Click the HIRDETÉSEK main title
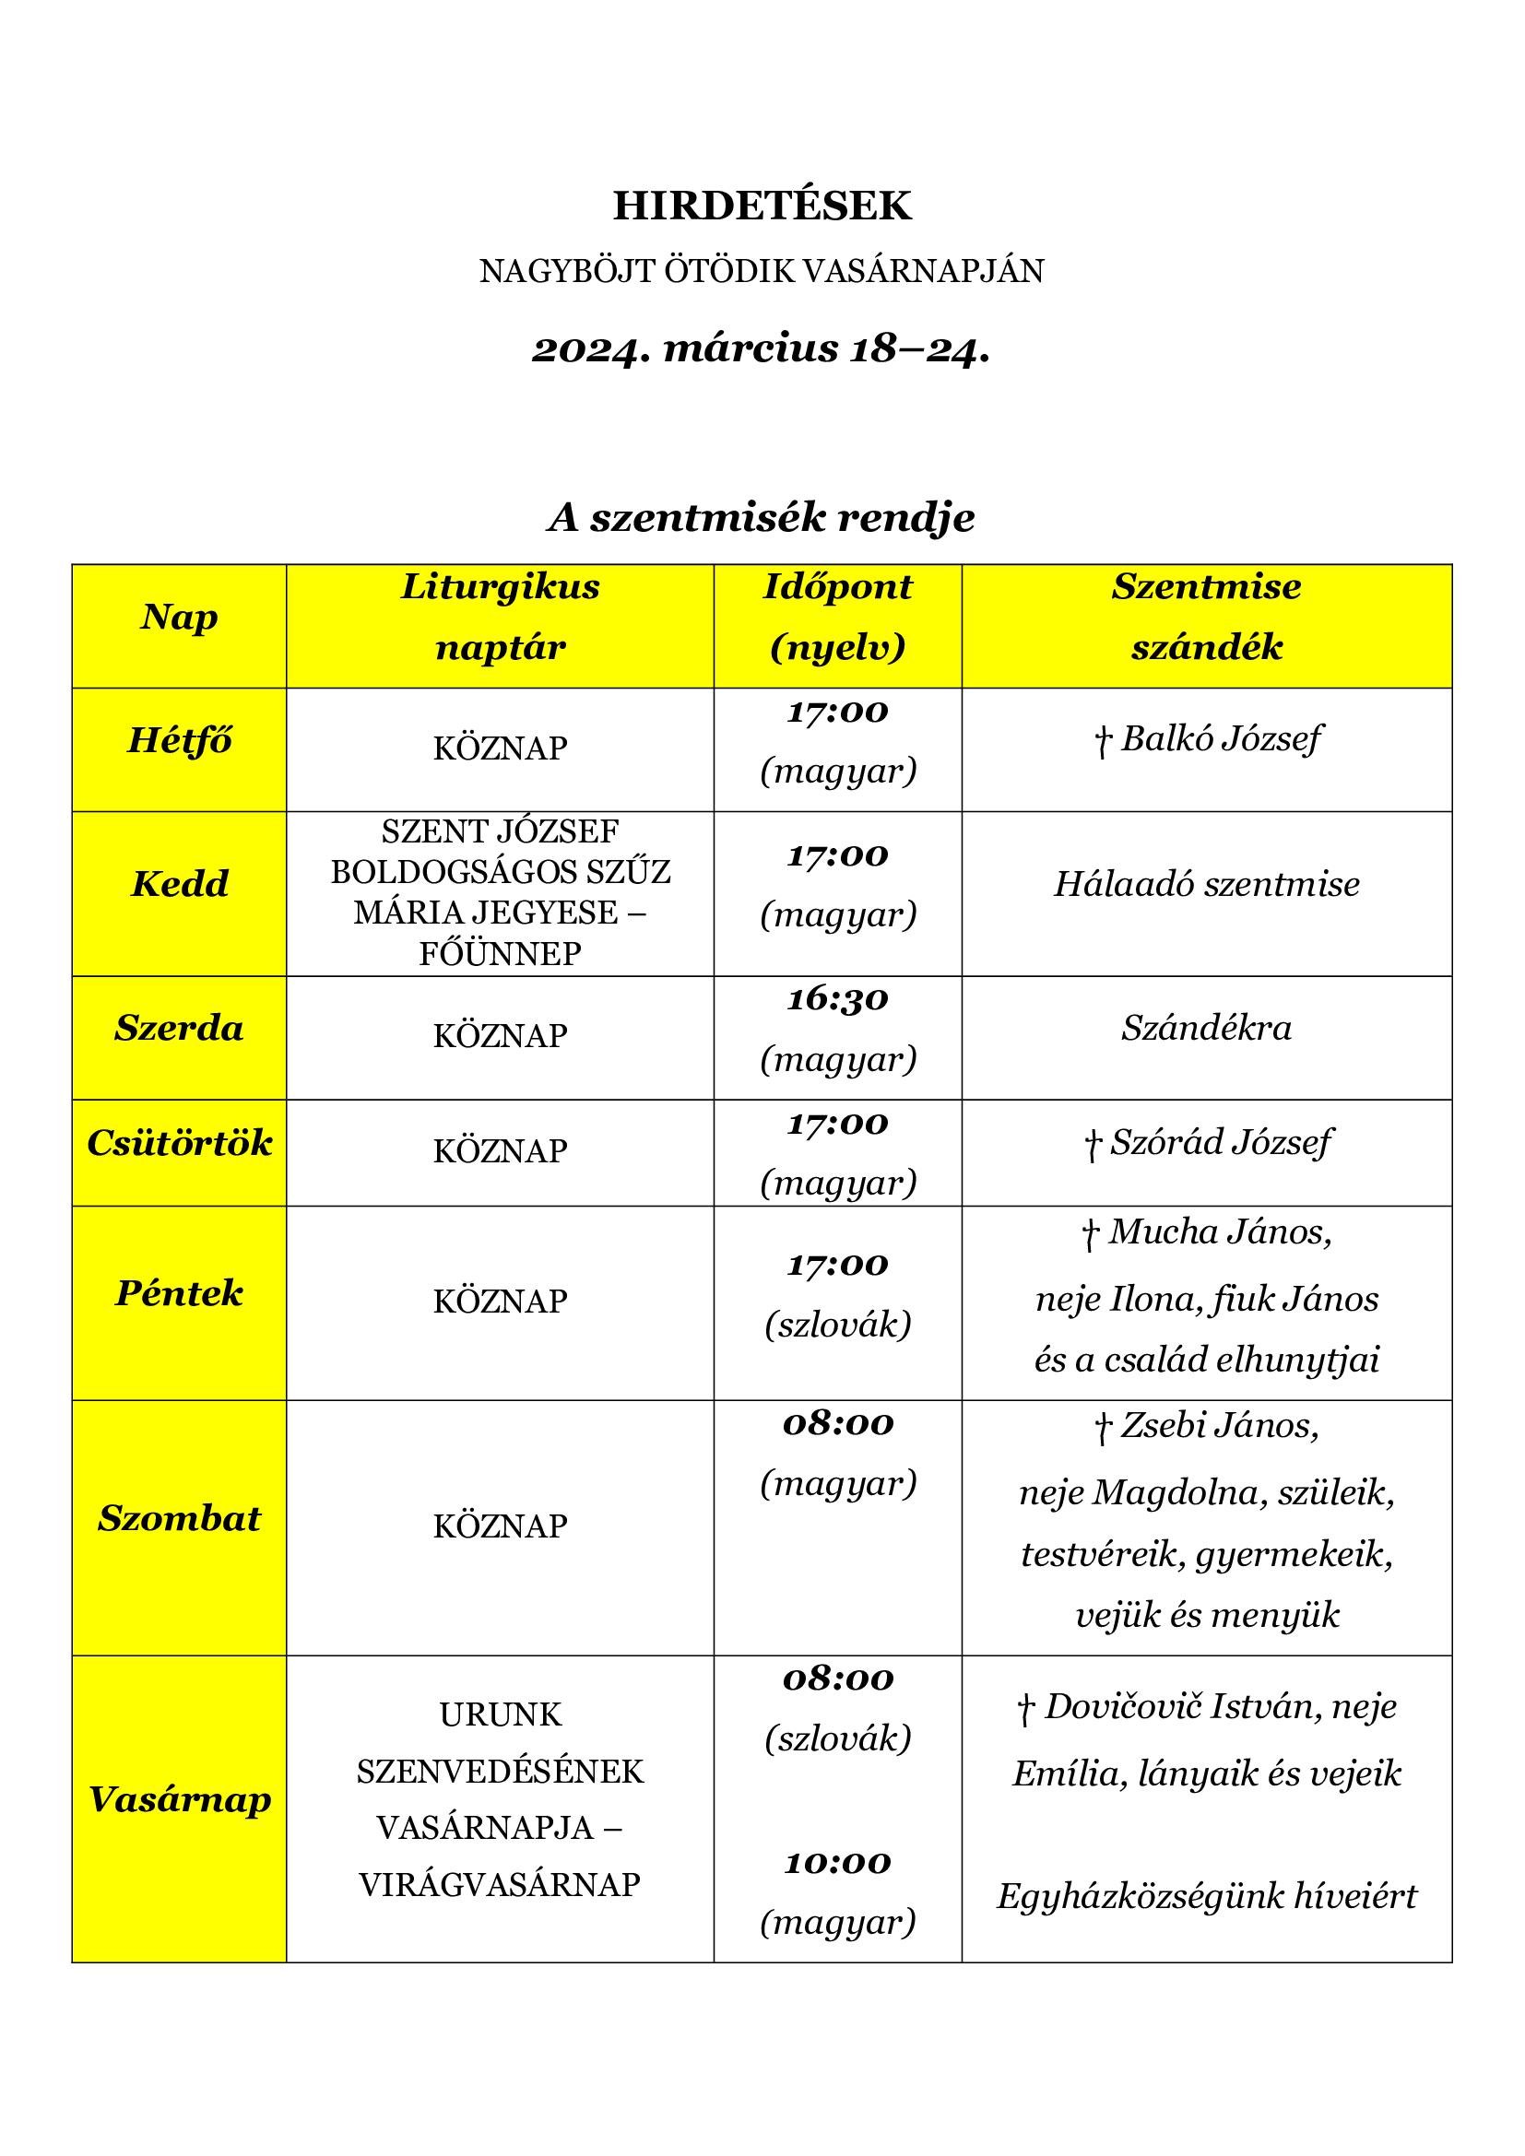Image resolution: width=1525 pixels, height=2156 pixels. coord(762,206)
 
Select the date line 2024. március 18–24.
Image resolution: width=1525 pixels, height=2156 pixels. coord(762,349)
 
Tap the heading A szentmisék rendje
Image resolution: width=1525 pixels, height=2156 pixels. coord(762,517)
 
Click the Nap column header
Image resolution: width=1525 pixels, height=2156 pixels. coord(180,617)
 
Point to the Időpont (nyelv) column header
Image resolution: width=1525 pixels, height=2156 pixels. coord(837,617)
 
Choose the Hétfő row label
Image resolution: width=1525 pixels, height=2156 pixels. coord(180,741)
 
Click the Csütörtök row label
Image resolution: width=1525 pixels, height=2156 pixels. coord(180,1143)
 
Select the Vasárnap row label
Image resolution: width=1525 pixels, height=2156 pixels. coord(180,1799)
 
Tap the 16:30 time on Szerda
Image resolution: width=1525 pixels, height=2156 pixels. coord(837,999)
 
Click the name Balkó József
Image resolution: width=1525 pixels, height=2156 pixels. coord(1221,739)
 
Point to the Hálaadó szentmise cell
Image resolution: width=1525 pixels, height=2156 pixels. coord(1207,885)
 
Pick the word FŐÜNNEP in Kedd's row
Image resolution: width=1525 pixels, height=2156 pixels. coord(500,954)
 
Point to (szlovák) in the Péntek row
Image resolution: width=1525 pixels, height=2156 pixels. coord(837,1325)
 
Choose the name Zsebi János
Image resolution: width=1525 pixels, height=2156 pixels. coord(1219,1425)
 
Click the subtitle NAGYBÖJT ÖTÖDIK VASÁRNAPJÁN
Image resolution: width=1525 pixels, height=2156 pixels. coord(762,271)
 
